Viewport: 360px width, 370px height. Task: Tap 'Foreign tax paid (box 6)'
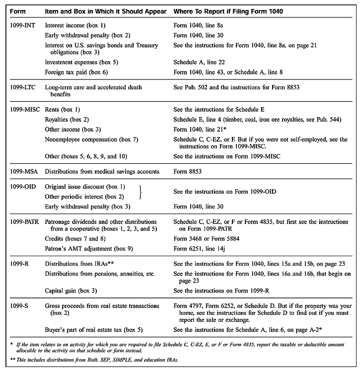(75, 73)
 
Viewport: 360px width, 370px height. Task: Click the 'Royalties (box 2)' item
(68, 120)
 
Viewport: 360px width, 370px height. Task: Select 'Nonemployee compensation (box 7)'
(90, 140)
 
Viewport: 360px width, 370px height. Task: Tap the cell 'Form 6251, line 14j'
(201, 247)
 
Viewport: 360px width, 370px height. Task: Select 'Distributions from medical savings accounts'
(102, 171)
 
